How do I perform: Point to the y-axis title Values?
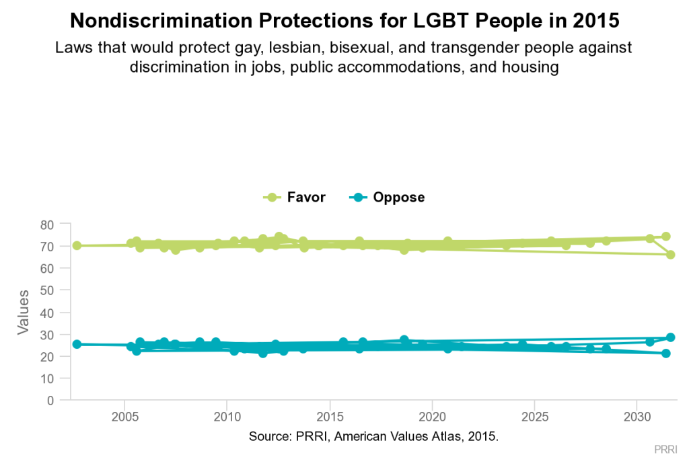pyautogui.click(x=23, y=312)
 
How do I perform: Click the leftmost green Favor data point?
pyautogui.click(x=77, y=245)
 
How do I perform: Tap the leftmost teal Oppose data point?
pyautogui.click(x=77, y=344)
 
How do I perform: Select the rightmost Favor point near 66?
pyautogui.click(x=670, y=255)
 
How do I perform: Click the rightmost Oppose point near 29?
pyautogui.click(x=670, y=337)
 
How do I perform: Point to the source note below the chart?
pyautogui.click(x=373, y=437)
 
